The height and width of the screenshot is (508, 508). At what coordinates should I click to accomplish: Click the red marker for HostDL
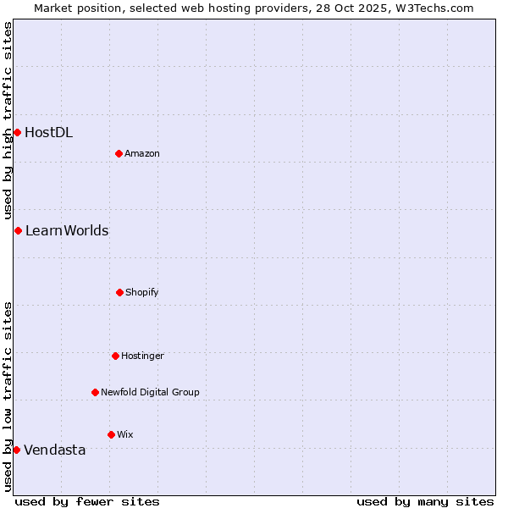pyautogui.click(x=17, y=132)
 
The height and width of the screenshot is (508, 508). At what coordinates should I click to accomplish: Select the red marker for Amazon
pyautogui.click(x=119, y=153)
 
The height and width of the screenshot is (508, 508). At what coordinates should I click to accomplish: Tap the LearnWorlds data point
pyautogui.click(x=18, y=230)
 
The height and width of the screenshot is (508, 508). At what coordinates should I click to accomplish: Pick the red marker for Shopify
pyautogui.click(x=119, y=292)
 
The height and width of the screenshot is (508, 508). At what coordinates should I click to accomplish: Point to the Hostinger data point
pyautogui.click(x=115, y=356)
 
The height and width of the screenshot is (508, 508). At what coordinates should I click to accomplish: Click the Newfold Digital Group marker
pyautogui.click(x=95, y=392)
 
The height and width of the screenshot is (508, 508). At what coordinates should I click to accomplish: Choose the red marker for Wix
pyautogui.click(x=111, y=434)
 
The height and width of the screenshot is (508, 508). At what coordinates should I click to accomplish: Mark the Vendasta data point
pyautogui.click(x=17, y=450)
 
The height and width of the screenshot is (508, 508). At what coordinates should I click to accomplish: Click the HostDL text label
pyautogui.click(x=48, y=132)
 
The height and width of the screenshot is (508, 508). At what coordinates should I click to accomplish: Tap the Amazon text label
pyautogui.click(x=142, y=153)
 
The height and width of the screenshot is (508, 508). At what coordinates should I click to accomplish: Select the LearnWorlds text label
pyautogui.click(x=67, y=230)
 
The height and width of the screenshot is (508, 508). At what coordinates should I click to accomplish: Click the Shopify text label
pyautogui.click(x=142, y=292)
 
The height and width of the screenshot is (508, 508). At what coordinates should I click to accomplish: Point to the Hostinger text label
pyautogui.click(x=142, y=356)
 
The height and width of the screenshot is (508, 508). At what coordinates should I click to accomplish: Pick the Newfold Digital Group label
pyautogui.click(x=150, y=392)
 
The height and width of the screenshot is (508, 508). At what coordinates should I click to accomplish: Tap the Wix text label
pyautogui.click(x=125, y=434)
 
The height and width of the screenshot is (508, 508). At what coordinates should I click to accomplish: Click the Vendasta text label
pyautogui.click(x=55, y=450)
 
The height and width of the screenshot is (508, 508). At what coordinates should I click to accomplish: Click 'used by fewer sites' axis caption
pyautogui.click(x=87, y=501)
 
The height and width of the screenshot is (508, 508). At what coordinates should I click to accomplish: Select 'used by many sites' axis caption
pyautogui.click(x=425, y=501)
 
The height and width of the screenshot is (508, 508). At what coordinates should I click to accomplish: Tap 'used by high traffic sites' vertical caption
pyautogui.click(x=8, y=120)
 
